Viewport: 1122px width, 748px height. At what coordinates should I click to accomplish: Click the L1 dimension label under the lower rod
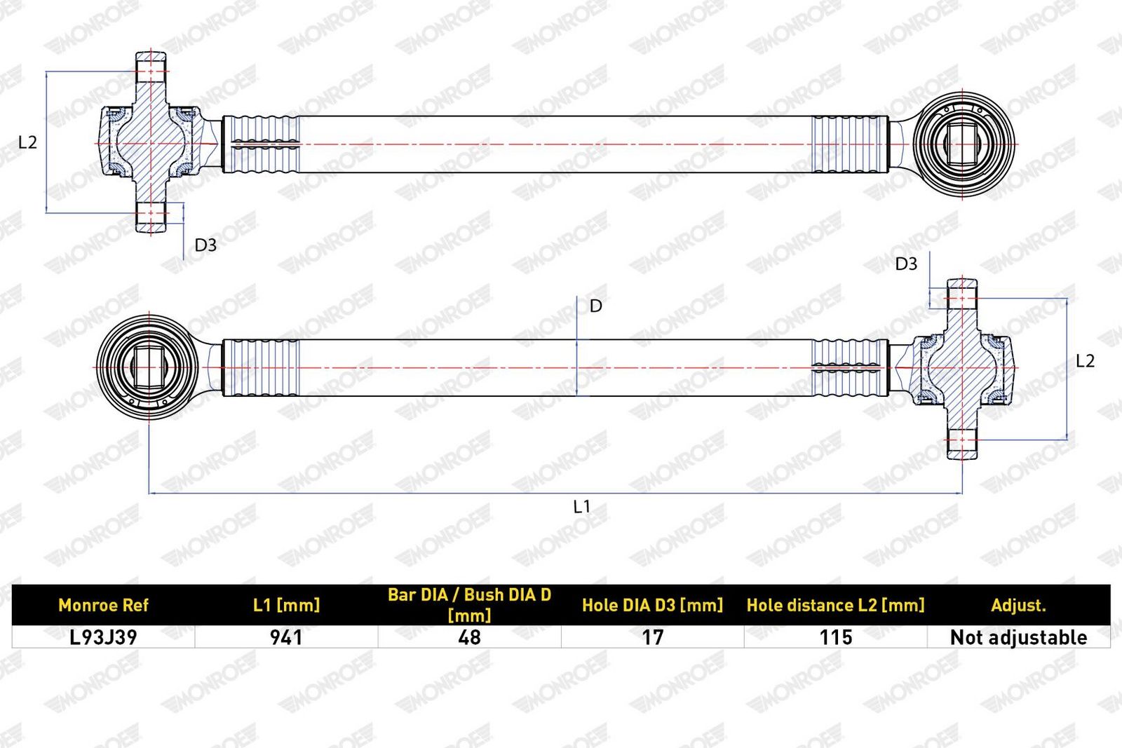pyautogui.click(x=581, y=507)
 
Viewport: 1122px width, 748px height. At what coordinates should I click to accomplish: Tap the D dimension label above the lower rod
pyautogui.click(x=595, y=306)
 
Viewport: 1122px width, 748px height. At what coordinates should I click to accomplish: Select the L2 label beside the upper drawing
pyautogui.click(x=27, y=143)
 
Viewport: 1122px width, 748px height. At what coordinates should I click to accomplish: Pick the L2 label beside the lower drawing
pyautogui.click(x=1086, y=361)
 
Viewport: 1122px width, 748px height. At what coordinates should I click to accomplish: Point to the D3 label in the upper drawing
pyautogui.click(x=205, y=245)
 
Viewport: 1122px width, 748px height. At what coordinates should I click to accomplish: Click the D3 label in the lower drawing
pyautogui.click(x=906, y=264)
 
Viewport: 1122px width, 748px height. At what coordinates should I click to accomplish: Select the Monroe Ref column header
pyautogui.click(x=104, y=605)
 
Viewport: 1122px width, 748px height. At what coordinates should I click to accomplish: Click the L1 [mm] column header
pyautogui.click(x=287, y=605)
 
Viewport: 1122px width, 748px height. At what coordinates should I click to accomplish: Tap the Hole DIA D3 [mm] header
pyautogui.click(x=653, y=605)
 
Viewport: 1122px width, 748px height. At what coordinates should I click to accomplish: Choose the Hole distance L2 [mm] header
pyautogui.click(x=835, y=605)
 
